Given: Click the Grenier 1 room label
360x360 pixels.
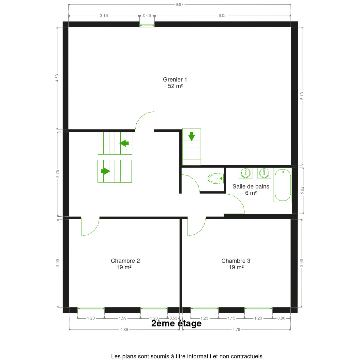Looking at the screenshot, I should (x=175, y=83).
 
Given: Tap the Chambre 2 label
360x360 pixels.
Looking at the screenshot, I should (x=125, y=264).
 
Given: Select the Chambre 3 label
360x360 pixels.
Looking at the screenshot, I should (x=236, y=264).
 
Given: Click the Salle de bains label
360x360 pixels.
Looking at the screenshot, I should (x=251, y=190).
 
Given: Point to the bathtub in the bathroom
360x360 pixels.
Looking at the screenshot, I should (x=282, y=185).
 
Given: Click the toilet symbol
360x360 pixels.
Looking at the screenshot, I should (x=215, y=178).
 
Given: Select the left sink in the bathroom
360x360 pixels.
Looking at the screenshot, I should (x=246, y=173).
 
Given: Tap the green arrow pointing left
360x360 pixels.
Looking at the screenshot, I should (x=124, y=143).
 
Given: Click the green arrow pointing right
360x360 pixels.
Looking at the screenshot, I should (x=105, y=171).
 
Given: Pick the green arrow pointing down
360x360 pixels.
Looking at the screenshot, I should (x=191, y=136).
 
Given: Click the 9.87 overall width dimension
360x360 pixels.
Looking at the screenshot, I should (x=179, y=5).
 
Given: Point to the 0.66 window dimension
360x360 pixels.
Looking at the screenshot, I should (x=147, y=16).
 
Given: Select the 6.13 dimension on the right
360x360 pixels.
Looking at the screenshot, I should (x=302, y=96).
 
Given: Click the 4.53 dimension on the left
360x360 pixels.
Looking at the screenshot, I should (x=57, y=78).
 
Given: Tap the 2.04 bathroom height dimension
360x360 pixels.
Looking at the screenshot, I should (x=303, y=190).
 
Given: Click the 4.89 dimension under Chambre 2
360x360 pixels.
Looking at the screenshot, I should (x=124, y=330).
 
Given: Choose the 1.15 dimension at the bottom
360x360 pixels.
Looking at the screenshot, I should (x=231, y=318).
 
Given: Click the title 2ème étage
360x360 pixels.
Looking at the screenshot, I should (x=176, y=323).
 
